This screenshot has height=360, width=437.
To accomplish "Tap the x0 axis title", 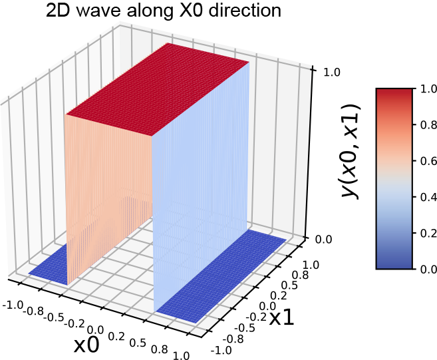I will [88, 345].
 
